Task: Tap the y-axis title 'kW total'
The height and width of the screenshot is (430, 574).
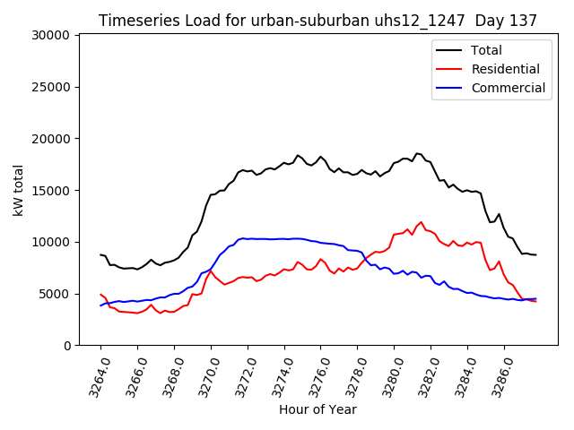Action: [x=19, y=190]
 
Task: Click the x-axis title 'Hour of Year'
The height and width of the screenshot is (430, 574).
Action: [x=317, y=409]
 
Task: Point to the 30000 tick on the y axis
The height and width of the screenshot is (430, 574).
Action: [x=52, y=35]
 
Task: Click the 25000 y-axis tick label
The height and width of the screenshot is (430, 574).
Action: [x=52, y=87]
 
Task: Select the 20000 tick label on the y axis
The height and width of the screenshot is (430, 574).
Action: [x=52, y=139]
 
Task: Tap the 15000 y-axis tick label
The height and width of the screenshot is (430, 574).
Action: [x=52, y=190]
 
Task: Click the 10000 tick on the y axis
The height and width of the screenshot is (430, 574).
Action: [x=52, y=242]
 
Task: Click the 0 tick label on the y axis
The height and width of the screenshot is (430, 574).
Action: [x=68, y=346]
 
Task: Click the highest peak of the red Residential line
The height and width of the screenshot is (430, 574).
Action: [x=421, y=222]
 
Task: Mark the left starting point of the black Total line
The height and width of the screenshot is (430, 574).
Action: [x=100, y=254]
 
